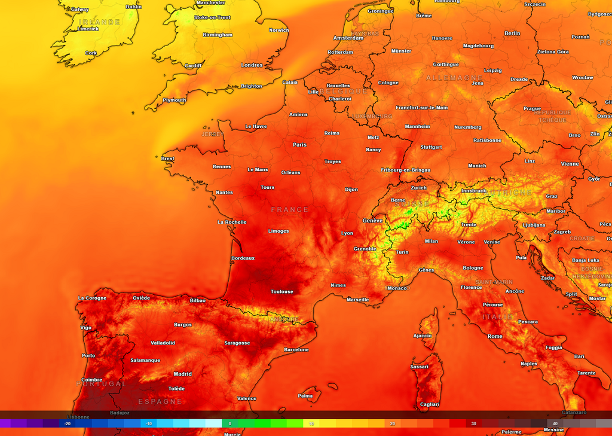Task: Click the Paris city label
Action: pyautogui.click(x=299, y=145)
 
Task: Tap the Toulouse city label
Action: pyautogui.click(x=282, y=292)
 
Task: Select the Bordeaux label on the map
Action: pyautogui.click(x=243, y=258)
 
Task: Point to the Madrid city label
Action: pyautogui.click(x=182, y=374)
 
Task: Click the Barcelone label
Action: pyautogui.click(x=296, y=349)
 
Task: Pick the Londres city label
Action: pyautogui.click(x=252, y=65)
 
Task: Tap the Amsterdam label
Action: pyautogui.click(x=348, y=38)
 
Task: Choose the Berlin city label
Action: pyautogui.click(x=512, y=33)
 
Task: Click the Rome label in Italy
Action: pyautogui.click(x=495, y=336)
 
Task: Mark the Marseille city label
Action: pyautogui.click(x=358, y=300)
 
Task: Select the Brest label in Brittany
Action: pyautogui.click(x=168, y=159)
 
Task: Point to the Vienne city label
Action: pyautogui.click(x=570, y=164)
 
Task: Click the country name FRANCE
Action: pyautogui.click(x=290, y=210)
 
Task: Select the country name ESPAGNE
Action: pyautogui.click(x=160, y=401)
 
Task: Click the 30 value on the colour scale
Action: pyautogui.click(x=473, y=423)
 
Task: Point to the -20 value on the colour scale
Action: pyautogui.click(x=68, y=423)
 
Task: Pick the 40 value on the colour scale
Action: pyautogui.click(x=555, y=423)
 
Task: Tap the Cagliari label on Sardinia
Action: pyautogui.click(x=430, y=405)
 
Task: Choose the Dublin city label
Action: pyautogui.click(x=134, y=7)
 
